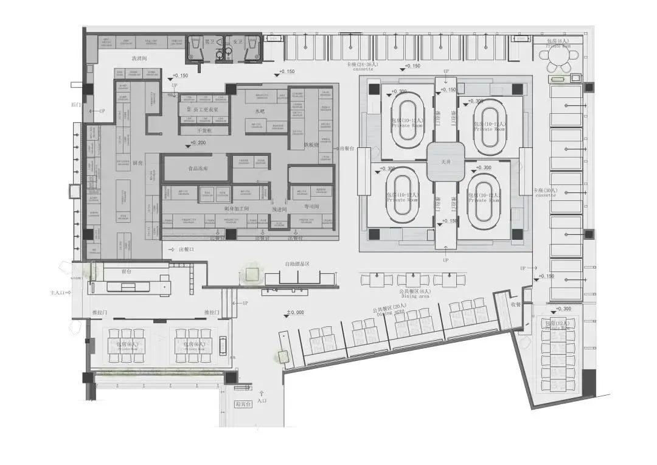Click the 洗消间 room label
[140, 58]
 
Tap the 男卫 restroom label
[209, 42]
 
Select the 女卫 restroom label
[237, 42]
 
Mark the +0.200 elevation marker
[198, 143]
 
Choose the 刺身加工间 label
[237, 208]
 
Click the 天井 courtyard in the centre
[447, 161]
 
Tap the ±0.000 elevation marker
[295, 313]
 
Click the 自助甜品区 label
[298, 264]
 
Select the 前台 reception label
[127, 271]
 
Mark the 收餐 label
[516, 305]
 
